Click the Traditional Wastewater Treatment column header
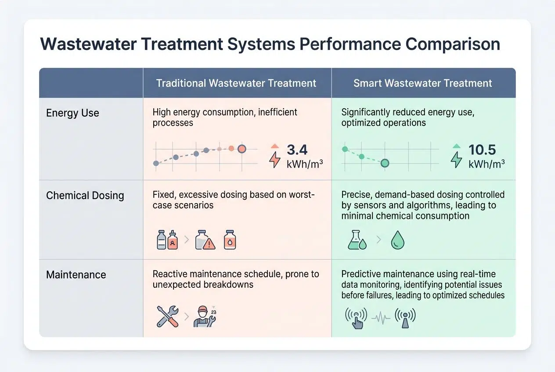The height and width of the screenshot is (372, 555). tap(236, 83)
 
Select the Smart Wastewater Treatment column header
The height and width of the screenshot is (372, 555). tap(423, 83)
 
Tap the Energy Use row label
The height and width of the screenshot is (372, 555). tap(72, 113)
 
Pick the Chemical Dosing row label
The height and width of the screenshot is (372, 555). tap(85, 195)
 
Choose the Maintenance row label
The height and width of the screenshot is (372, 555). tap(76, 275)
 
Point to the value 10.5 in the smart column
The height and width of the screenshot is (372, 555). tap(482, 150)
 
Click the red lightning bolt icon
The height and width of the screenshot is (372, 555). tap(274, 160)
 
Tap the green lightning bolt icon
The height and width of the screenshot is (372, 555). tap(457, 160)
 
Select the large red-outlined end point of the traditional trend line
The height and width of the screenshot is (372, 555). tap(241, 149)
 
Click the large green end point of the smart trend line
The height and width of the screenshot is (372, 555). tap(385, 163)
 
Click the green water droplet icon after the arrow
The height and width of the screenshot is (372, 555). tap(397, 241)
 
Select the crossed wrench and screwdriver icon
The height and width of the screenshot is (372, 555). tap(167, 316)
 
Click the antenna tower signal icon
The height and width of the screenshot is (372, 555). tap(405, 317)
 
